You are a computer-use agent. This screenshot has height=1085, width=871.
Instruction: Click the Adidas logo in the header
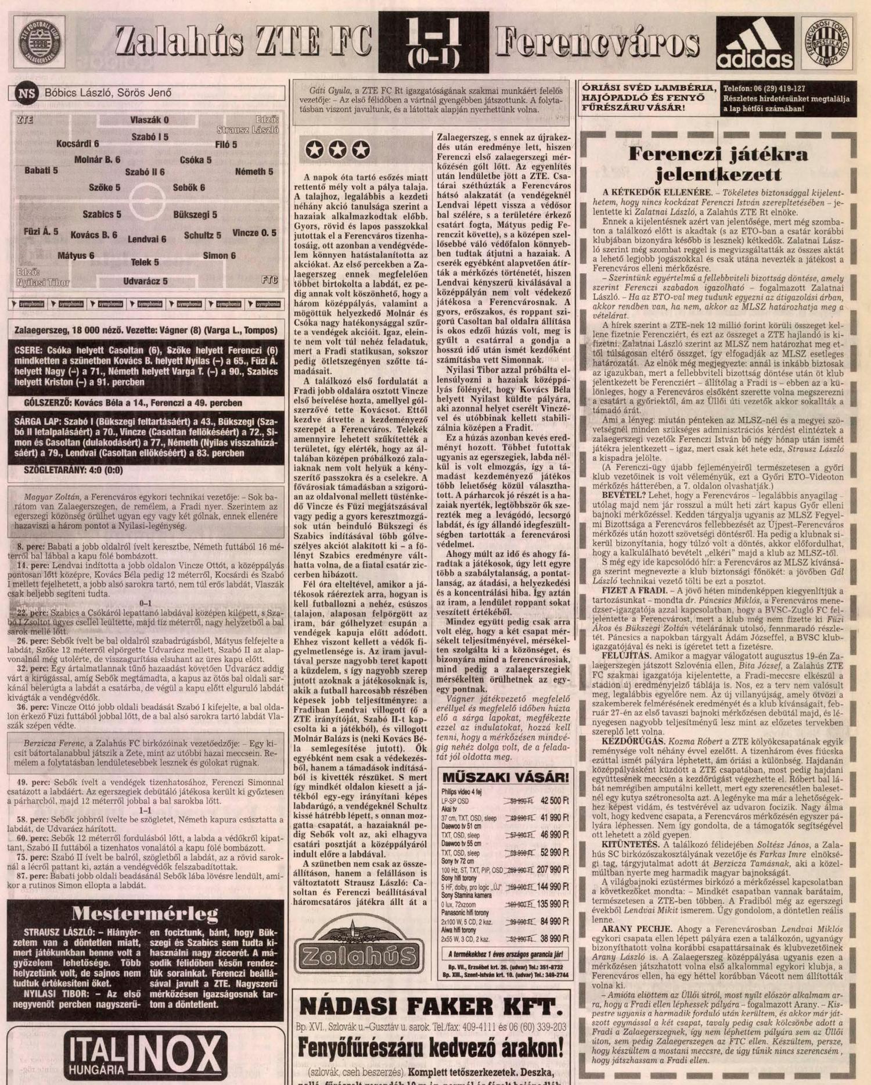pos(755,43)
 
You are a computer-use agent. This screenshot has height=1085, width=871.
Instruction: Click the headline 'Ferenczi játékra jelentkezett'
pos(718,164)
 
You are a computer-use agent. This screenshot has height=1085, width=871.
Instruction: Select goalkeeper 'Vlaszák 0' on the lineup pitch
pos(149,120)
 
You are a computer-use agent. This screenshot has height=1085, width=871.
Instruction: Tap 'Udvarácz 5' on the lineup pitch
pos(145,282)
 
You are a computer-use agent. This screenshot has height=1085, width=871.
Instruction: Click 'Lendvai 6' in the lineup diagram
pos(147,239)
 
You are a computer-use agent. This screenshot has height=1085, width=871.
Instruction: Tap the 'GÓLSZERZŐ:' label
pos(48,403)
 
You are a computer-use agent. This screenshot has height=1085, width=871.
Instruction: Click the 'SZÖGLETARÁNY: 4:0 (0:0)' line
pos(73,470)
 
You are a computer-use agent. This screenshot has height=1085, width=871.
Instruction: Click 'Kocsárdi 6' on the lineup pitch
pos(78,144)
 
